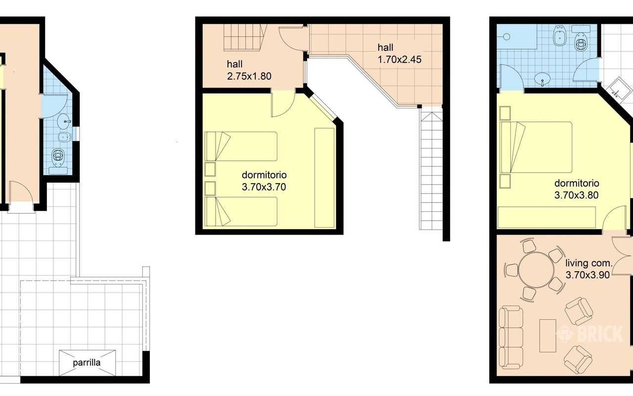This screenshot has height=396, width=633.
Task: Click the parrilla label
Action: tap(87, 363)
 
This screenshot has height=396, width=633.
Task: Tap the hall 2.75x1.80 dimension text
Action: tap(249, 70)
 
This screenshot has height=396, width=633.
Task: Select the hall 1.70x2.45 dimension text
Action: tap(399, 53)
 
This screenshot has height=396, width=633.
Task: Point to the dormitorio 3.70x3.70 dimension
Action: tap(264, 181)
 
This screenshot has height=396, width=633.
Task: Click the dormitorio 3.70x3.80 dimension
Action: tap(577, 189)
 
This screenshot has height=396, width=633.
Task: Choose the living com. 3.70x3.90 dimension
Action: tap(588, 269)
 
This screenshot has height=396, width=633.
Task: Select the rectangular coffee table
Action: tap(547, 336)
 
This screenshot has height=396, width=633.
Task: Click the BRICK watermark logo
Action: tap(590, 334)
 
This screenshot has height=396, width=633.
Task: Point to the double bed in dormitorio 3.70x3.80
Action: tap(536, 147)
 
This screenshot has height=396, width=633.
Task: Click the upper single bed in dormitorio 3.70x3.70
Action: tap(241, 146)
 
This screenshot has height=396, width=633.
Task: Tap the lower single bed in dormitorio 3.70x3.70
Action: tap(241, 211)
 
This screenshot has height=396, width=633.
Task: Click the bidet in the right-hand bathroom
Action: tap(559, 36)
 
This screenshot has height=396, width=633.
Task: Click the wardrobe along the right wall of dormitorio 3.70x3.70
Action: tap(324, 178)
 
